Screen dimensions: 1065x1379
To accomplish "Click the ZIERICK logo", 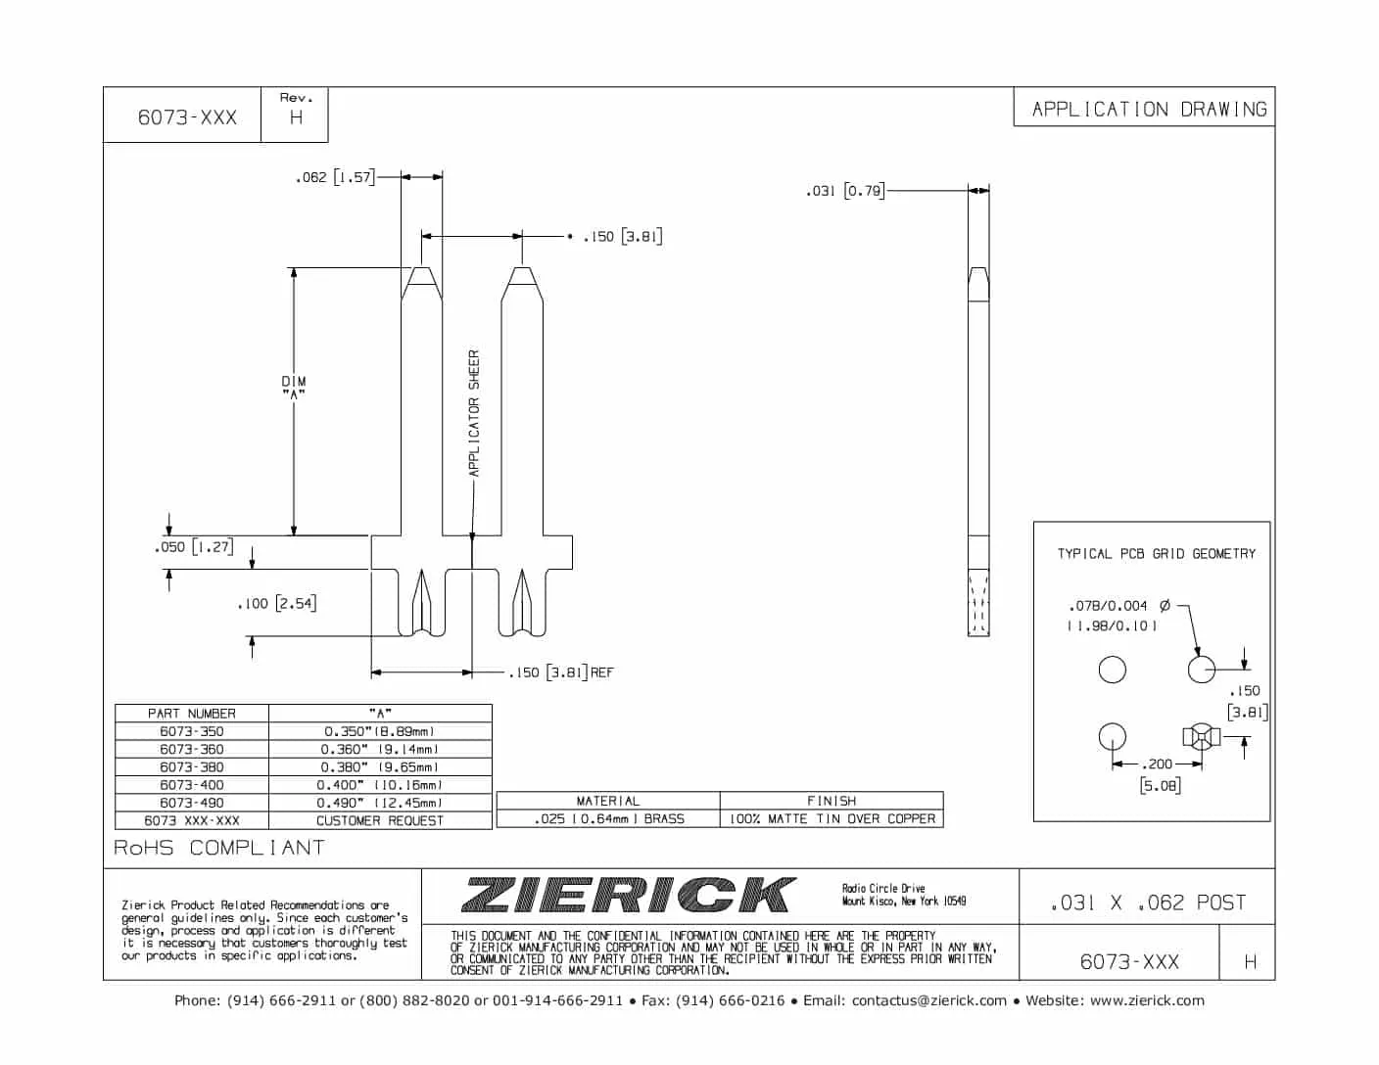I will tap(627, 895).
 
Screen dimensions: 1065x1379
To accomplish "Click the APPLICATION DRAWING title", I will tap(1148, 109).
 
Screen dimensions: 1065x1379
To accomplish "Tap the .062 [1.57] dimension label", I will tap(335, 177).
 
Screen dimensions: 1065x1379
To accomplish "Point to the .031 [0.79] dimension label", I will tap(844, 191).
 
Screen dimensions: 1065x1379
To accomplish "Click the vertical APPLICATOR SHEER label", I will tap(474, 413).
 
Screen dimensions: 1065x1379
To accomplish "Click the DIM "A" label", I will tap(294, 387).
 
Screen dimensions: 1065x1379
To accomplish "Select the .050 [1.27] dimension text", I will tap(194, 547).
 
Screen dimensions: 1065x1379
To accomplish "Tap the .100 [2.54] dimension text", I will tap(277, 603).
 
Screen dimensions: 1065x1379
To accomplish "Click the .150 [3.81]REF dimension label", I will tap(561, 672).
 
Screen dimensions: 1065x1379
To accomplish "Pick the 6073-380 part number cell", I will tap(192, 767).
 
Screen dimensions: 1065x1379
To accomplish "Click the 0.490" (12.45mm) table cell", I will tap(380, 803).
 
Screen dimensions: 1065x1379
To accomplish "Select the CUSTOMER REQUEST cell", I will tap(380, 820).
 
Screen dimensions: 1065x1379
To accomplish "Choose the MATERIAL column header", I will tap(607, 801).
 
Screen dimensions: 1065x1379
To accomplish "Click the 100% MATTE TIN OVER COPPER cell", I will tap(831, 818).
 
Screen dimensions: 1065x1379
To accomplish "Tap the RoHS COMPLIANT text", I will tap(219, 848).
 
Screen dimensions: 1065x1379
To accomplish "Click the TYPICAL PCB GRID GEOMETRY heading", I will tap(1156, 554).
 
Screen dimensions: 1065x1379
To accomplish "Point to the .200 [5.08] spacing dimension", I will tap(1159, 773).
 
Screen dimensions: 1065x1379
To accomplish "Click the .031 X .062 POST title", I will tap(1147, 903).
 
